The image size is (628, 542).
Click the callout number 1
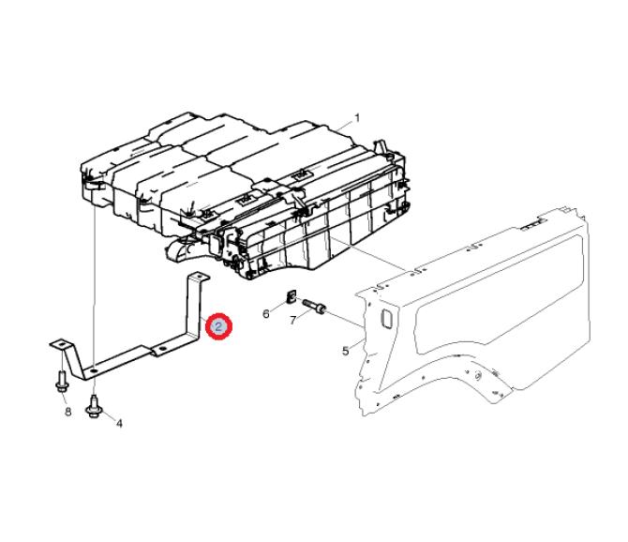(356, 118)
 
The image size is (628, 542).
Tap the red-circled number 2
(218, 326)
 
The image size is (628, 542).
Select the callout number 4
(119, 423)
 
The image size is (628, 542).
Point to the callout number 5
(345, 352)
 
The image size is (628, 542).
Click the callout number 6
(266, 313)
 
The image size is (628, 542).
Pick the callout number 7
(293, 320)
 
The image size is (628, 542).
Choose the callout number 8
(67, 412)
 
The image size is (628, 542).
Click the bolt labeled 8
(62, 382)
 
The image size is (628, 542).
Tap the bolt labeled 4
(94, 406)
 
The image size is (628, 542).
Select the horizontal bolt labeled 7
(315, 306)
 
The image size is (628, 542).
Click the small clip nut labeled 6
(292, 295)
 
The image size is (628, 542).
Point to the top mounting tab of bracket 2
(199, 277)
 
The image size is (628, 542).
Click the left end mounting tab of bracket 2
(60, 344)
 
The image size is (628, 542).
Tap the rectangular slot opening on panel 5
(386, 319)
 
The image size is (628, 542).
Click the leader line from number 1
(344, 125)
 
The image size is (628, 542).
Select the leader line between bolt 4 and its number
(108, 415)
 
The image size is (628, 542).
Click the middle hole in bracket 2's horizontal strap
(162, 350)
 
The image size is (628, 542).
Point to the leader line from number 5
(358, 344)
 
